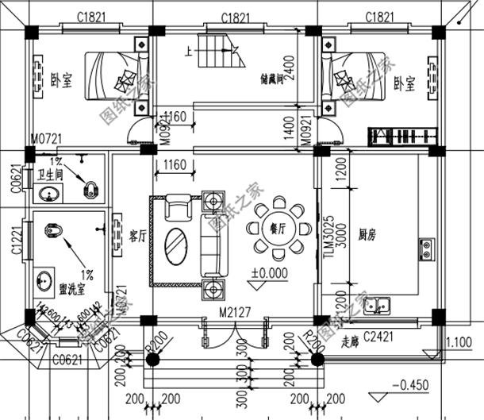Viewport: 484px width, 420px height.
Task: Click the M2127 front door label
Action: (x=235, y=311)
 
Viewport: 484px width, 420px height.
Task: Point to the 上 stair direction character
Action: (x=188, y=51)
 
